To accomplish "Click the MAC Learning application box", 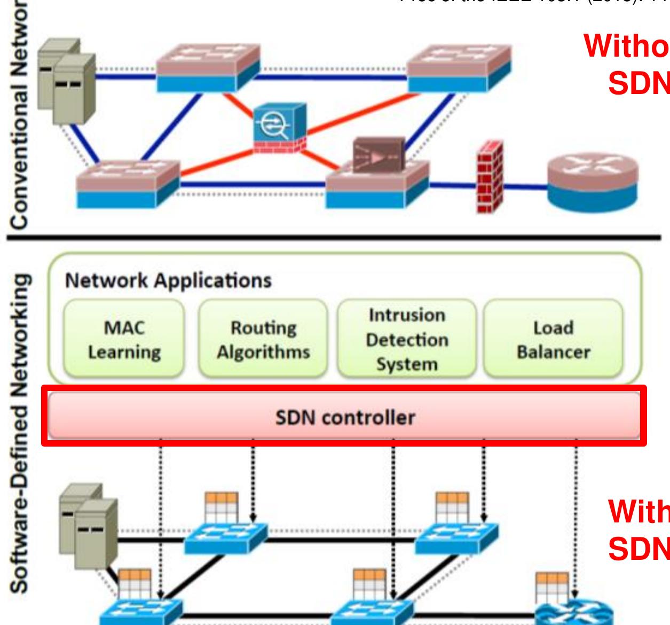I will pyautogui.click(x=124, y=339).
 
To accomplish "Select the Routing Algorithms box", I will pyautogui.click(x=263, y=339).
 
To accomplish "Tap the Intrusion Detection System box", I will pyautogui.click(x=407, y=339).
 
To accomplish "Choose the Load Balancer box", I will pyautogui.click(x=553, y=339).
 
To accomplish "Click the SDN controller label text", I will pyautogui.click(x=345, y=417).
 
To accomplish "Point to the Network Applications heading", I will pyautogui.click(x=168, y=280).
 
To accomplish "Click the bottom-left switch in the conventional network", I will pyautogui.click(x=128, y=184).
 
